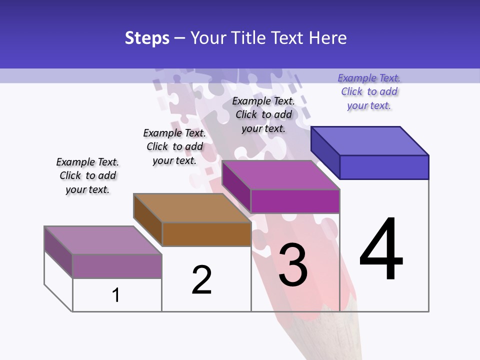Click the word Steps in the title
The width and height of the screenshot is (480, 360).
click(147, 38)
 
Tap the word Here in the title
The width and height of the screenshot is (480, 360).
click(327, 38)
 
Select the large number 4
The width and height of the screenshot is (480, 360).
click(381, 249)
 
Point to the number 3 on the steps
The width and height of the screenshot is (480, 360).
click(293, 264)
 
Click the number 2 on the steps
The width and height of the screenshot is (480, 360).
click(202, 280)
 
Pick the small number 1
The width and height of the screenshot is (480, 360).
click(116, 295)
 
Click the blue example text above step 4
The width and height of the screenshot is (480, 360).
click(369, 92)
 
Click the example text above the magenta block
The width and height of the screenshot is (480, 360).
click(263, 114)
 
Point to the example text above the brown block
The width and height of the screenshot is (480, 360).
click(174, 146)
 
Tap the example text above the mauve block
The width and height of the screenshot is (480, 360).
click(87, 175)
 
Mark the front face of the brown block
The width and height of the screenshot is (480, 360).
click(206, 234)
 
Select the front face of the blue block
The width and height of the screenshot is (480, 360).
click(384, 167)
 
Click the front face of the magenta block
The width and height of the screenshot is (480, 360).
click(295, 201)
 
